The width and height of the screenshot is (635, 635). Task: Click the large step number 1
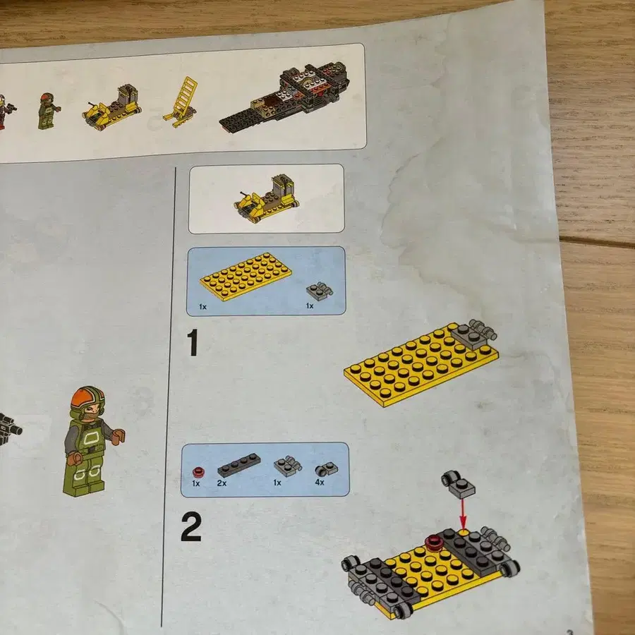(193, 343)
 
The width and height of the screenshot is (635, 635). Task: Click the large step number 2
(191, 526)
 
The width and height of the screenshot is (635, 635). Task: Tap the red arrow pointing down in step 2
(463, 514)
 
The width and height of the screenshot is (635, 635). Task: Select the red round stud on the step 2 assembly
(434, 543)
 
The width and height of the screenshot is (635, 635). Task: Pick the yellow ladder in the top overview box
(182, 102)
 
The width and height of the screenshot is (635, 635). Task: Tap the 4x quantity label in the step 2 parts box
(320, 483)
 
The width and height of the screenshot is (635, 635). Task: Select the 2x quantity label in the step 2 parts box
(222, 483)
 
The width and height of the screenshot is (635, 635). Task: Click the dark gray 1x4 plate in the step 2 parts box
(239, 464)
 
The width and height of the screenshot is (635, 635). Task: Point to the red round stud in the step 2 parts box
(198, 471)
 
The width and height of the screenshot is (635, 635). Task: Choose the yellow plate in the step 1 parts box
(246, 277)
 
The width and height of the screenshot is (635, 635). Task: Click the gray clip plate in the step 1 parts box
(320, 290)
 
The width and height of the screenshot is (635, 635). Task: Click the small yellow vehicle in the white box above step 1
(267, 198)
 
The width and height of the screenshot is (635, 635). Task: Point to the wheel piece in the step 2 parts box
(327, 468)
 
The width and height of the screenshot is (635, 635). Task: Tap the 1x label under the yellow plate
(203, 307)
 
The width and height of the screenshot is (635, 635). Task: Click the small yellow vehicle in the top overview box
(111, 107)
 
